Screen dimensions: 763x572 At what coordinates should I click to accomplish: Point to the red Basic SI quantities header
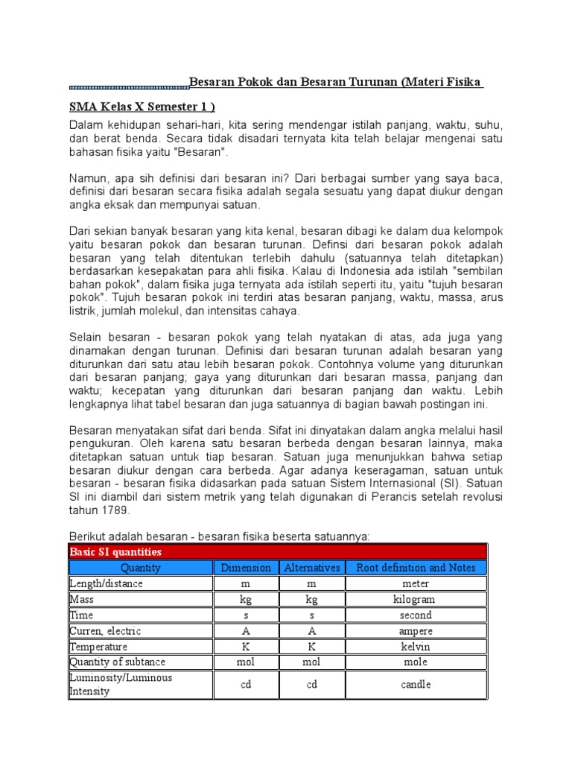(x=115, y=552)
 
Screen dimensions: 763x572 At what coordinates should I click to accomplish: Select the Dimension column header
(x=246, y=568)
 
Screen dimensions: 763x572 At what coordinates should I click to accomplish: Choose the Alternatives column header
(x=311, y=568)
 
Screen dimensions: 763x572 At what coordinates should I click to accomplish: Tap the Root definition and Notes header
(x=416, y=568)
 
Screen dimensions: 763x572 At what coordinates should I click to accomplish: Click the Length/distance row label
(x=106, y=583)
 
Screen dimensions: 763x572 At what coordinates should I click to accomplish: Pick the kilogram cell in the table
(x=416, y=599)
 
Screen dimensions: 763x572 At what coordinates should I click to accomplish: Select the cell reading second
(x=416, y=615)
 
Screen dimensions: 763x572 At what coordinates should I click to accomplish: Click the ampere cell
(x=416, y=631)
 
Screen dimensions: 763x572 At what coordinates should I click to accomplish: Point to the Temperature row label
(x=98, y=647)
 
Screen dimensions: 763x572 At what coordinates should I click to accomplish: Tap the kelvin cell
(x=416, y=647)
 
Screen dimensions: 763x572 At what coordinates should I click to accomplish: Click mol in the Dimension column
(x=246, y=662)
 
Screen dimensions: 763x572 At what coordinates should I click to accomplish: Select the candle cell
(x=416, y=684)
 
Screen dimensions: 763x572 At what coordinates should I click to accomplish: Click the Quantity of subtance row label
(x=117, y=662)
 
